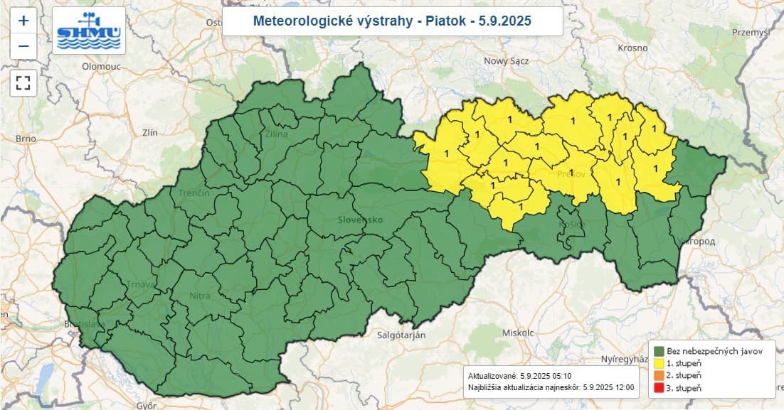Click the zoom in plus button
pyautogui.click(x=23, y=21)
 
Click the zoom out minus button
pyautogui.click(x=23, y=46)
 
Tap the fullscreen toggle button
pyautogui.click(x=23, y=82)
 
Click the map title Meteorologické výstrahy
pyautogui.click(x=392, y=21)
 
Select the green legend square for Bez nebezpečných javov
pyautogui.click(x=659, y=350)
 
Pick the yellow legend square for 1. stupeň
pyautogui.click(x=659, y=363)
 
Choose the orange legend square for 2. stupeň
pyautogui.click(x=659, y=375)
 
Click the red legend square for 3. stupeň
pyautogui.click(x=659, y=388)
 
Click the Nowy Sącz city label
pyautogui.click(x=506, y=61)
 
